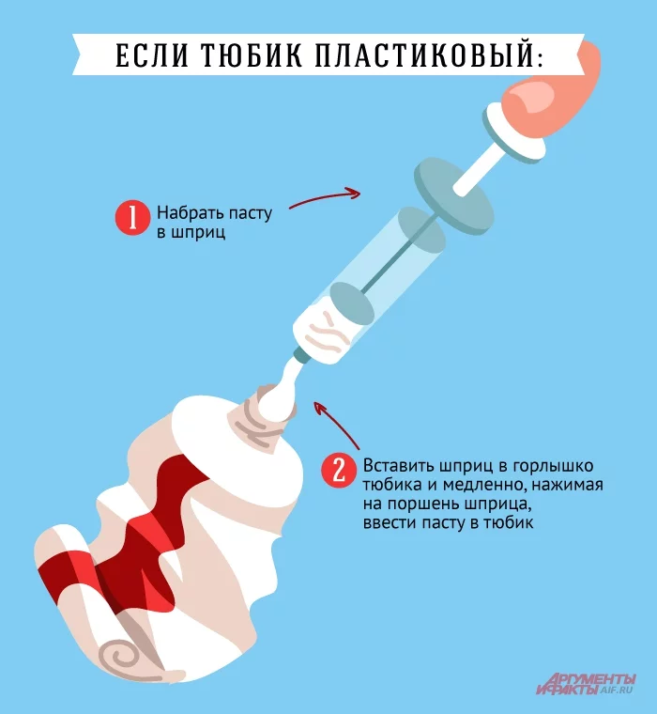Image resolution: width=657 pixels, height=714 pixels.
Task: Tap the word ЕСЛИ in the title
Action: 150,55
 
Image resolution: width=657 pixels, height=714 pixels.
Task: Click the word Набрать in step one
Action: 187,212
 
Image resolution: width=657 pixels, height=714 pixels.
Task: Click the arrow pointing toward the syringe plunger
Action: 324,196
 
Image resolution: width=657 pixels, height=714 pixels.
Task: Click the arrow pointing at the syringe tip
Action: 336,423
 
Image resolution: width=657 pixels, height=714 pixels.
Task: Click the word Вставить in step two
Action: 394,466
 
